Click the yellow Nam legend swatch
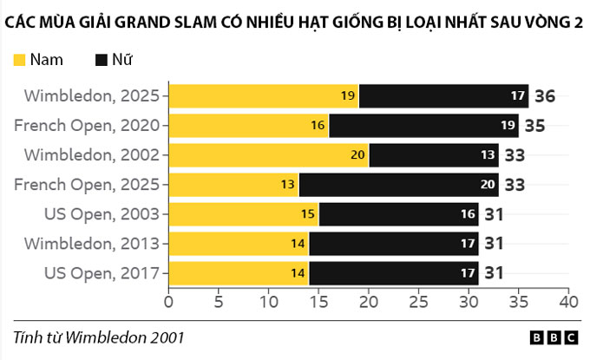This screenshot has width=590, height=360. point(19,60)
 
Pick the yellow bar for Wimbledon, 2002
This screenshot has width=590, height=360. point(268,155)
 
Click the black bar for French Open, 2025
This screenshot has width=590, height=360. point(398,185)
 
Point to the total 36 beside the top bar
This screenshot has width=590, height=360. point(544,96)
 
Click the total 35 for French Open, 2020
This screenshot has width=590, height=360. point(534,126)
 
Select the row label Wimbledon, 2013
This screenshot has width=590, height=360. point(91,244)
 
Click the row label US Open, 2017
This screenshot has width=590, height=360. point(102,273)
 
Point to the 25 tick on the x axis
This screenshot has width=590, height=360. point(419,302)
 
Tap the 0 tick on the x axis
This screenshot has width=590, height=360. point(168,302)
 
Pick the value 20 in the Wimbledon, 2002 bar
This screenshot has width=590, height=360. point(357,155)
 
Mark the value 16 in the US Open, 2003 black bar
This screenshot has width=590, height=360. point(468,214)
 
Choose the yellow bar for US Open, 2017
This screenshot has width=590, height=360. point(238,273)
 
